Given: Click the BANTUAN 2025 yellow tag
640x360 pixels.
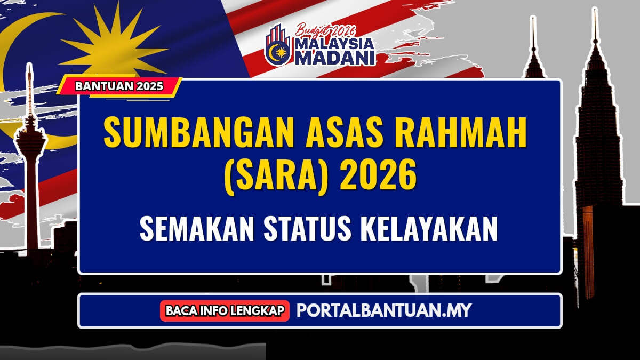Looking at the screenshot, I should [x=119, y=86].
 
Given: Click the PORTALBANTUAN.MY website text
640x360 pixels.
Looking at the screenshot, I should [x=383, y=310].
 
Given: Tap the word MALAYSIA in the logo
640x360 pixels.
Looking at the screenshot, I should [x=334, y=44].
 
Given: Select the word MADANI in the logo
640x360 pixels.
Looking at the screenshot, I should [x=335, y=58].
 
